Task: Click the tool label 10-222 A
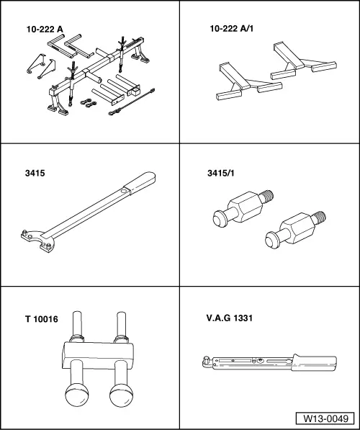(x=45, y=30)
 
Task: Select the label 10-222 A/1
(x=232, y=29)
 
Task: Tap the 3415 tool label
(x=35, y=174)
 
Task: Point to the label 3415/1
(x=221, y=174)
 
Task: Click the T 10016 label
(x=42, y=319)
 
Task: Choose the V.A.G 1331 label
(x=230, y=318)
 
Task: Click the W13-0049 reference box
(x=325, y=418)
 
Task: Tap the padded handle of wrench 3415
(x=142, y=182)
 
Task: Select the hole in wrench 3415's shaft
(x=125, y=191)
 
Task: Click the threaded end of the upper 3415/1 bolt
(x=267, y=196)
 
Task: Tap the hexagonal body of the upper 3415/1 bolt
(x=244, y=207)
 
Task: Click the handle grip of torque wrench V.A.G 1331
(x=314, y=362)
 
